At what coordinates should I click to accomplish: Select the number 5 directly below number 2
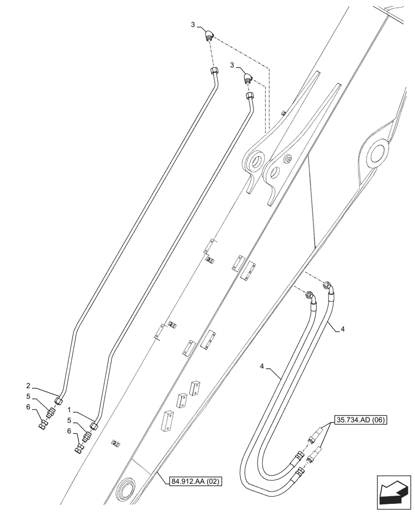point(30,398)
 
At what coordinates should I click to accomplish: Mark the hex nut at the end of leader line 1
point(95,425)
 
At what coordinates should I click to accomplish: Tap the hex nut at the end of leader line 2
point(59,401)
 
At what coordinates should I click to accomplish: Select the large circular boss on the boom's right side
point(377,153)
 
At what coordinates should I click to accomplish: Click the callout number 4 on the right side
point(342,330)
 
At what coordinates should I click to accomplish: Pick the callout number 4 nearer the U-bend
point(262,367)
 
